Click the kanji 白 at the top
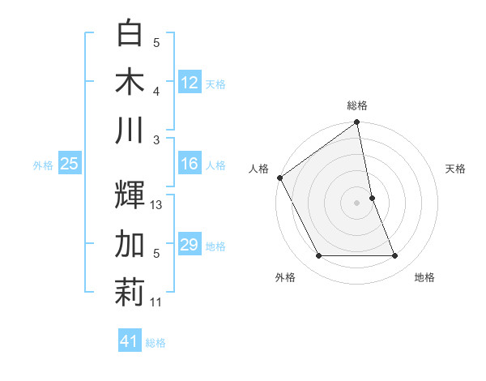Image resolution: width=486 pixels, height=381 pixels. tap(130, 34)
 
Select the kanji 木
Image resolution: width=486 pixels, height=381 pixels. tap(130, 81)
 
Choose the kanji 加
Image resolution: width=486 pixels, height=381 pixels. tap(130, 244)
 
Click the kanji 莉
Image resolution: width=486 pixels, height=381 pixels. tap(130, 293)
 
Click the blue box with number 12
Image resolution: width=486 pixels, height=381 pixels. tap(190, 82)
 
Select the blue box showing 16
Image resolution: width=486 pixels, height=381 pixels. tap(190, 164)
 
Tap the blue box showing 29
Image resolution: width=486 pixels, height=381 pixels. tap(190, 245)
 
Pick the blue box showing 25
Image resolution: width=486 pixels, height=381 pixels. tap(69, 164)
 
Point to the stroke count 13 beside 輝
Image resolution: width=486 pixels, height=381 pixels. tap(156, 205)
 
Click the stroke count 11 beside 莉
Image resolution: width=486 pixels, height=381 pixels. tap(156, 302)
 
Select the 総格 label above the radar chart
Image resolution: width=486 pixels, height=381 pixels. tap(357, 105)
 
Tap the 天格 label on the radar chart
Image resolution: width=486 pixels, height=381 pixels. tap(456, 169)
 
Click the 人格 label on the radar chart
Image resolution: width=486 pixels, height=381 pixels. tap(258, 169)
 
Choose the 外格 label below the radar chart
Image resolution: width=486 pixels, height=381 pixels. tap(285, 277)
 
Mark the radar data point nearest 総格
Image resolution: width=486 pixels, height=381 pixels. tap(357, 123)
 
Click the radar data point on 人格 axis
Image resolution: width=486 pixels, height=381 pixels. tap(279, 178)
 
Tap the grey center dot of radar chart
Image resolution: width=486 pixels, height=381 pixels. tap(357, 202)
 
